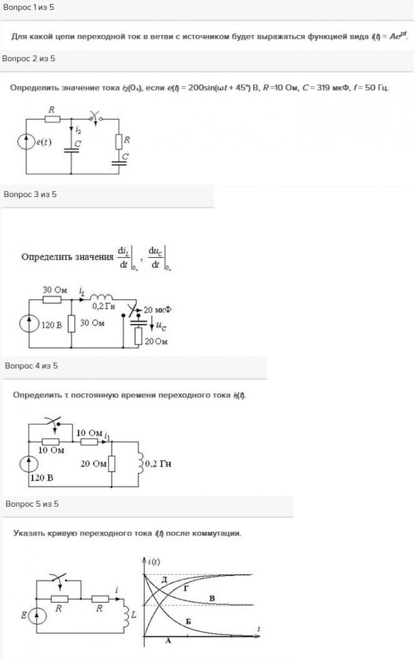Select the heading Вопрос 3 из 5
[x=30, y=195]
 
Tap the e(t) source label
[x=44, y=143]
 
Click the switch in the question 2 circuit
[x=96, y=116]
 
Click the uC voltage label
[x=164, y=325]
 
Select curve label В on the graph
[x=212, y=599]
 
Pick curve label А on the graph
[x=167, y=641]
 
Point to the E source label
[x=23, y=616]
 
